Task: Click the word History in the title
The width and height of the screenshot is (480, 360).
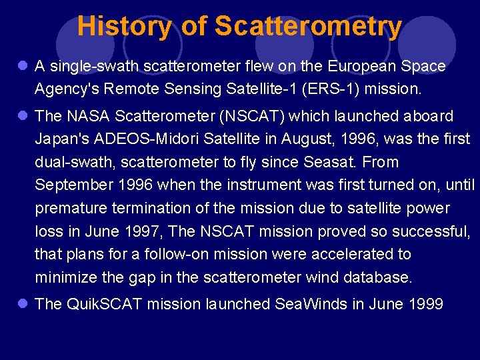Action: [124, 27]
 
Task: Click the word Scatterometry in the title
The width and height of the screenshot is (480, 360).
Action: [308, 27]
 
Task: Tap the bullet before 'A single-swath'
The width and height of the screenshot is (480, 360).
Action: [22, 66]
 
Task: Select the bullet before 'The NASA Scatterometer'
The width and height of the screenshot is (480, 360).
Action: [22, 116]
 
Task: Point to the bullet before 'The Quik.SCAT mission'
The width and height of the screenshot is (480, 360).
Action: [22, 304]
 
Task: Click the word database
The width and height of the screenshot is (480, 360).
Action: [378, 277]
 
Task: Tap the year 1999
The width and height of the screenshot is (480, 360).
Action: [425, 304]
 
